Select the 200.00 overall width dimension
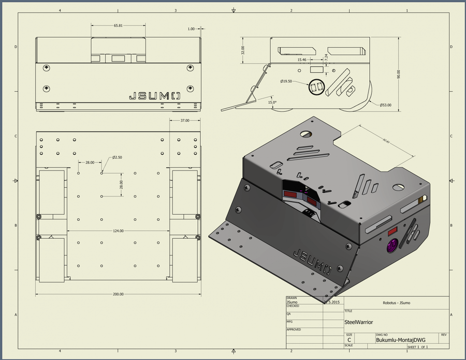tap(118, 294)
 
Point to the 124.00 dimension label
tap(118, 231)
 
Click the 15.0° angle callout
tap(272, 102)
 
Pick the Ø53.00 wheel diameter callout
tap(386, 105)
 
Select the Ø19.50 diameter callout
tap(286, 81)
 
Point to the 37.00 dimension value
tap(184, 121)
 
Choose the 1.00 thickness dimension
tap(192, 29)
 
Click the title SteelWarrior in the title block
tap(358, 322)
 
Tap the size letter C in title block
tap(349, 340)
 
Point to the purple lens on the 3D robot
tap(391, 247)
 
